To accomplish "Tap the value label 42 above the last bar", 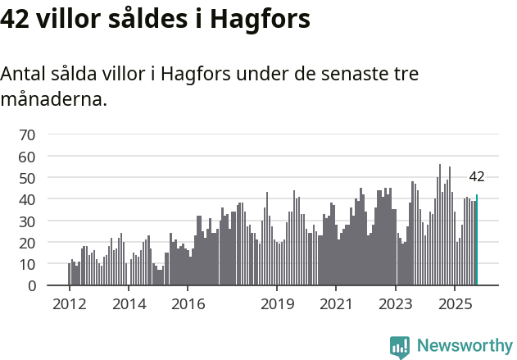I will (x=477, y=176).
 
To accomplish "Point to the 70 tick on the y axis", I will (x=27, y=134).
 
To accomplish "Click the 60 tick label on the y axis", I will (x=27, y=157).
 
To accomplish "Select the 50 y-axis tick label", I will (x=27, y=178).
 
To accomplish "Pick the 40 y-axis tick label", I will (x=27, y=199).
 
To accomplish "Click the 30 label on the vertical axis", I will (x=27, y=221).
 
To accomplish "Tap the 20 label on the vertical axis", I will (x=27, y=243).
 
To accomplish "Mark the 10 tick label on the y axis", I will (x=27, y=264).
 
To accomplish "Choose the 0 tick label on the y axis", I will (x=31, y=286).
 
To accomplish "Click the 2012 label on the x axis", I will (x=69, y=304).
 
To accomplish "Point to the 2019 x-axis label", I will (x=277, y=304).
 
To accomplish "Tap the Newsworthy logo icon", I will (x=400, y=347).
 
